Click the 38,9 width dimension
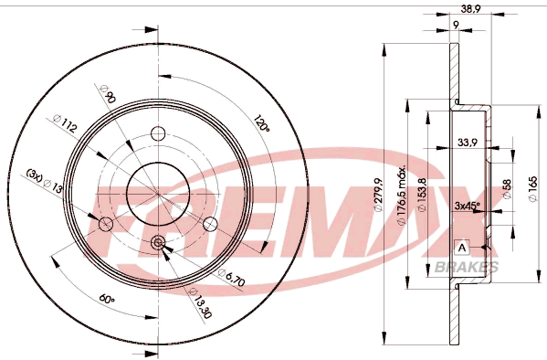[470, 8]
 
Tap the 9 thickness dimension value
[456, 25]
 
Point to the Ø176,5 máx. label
[402, 195]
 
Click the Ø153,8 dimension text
[422, 194]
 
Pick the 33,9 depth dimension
[468, 143]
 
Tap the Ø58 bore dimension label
[507, 189]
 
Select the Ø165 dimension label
[532, 188]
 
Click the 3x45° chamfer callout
[468, 206]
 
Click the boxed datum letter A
[462, 248]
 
